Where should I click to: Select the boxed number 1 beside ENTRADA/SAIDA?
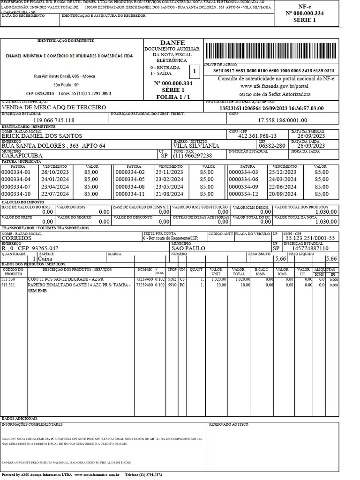coord(193,71)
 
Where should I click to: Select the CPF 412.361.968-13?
coord(257,136)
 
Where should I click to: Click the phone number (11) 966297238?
coord(193,156)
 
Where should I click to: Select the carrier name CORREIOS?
coord(16,238)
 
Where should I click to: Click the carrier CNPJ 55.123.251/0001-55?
coord(310,238)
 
